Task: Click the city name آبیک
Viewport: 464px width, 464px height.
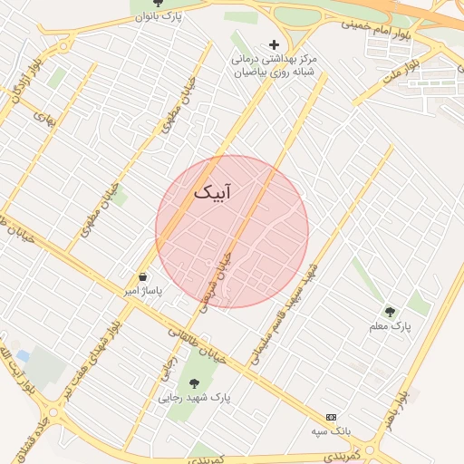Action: (x=212, y=192)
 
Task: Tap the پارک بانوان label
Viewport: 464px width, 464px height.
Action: (x=158, y=16)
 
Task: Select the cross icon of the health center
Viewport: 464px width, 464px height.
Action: (x=274, y=43)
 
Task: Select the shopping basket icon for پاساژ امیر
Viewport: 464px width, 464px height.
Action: (x=143, y=277)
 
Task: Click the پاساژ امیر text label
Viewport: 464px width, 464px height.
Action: (x=142, y=292)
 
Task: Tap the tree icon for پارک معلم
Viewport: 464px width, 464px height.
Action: (x=391, y=311)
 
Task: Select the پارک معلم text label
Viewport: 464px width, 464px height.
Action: (x=391, y=324)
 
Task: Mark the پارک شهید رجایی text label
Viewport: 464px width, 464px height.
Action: (x=195, y=397)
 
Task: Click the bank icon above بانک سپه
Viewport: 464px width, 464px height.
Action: (x=331, y=416)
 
